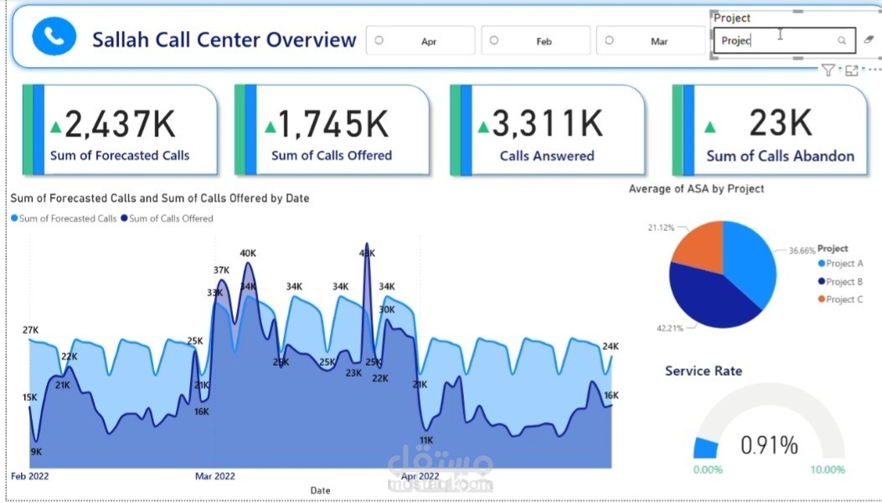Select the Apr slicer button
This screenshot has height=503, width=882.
pyautogui.click(x=420, y=40)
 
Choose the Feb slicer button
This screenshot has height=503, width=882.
pyautogui.click(x=535, y=40)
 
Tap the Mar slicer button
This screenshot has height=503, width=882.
pyautogui.click(x=651, y=40)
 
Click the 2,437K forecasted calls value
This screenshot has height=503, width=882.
pyautogui.click(x=120, y=124)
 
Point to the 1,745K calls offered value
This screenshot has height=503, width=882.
pyautogui.click(x=333, y=124)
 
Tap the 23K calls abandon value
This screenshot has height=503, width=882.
pyautogui.click(x=780, y=123)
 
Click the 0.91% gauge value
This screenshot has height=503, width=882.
pyautogui.click(x=769, y=445)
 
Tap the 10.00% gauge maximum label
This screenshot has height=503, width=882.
pyautogui.click(x=828, y=470)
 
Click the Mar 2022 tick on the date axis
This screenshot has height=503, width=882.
pyautogui.click(x=215, y=476)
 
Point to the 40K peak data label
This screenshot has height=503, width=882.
pyautogui.click(x=248, y=253)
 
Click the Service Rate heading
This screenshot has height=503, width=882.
pyautogui.click(x=704, y=371)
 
